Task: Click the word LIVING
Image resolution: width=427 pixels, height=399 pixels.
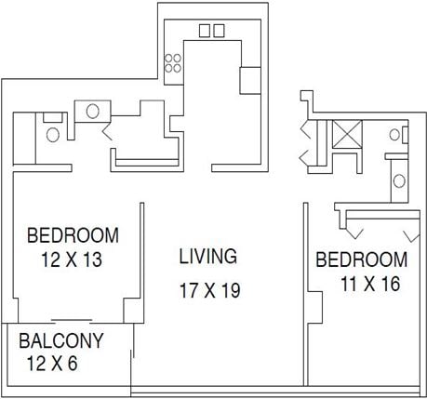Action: click(208, 256)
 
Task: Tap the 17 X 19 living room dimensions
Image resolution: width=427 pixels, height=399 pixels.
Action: click(210, 290)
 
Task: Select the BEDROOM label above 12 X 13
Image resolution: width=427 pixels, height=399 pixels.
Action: click(73, 234)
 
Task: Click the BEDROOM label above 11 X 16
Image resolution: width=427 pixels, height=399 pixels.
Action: click(362, 259)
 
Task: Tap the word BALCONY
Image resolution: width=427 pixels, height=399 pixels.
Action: click(61, 339)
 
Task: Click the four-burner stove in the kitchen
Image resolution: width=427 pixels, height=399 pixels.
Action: click(173, 62)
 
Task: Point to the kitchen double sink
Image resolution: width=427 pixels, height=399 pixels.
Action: click(211, 31)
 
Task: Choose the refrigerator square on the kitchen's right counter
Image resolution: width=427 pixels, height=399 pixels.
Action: click(249, 81)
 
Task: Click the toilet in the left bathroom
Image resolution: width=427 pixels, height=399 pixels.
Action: click(53, 133)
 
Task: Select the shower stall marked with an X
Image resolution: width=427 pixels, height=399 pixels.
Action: click(349, 135)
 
